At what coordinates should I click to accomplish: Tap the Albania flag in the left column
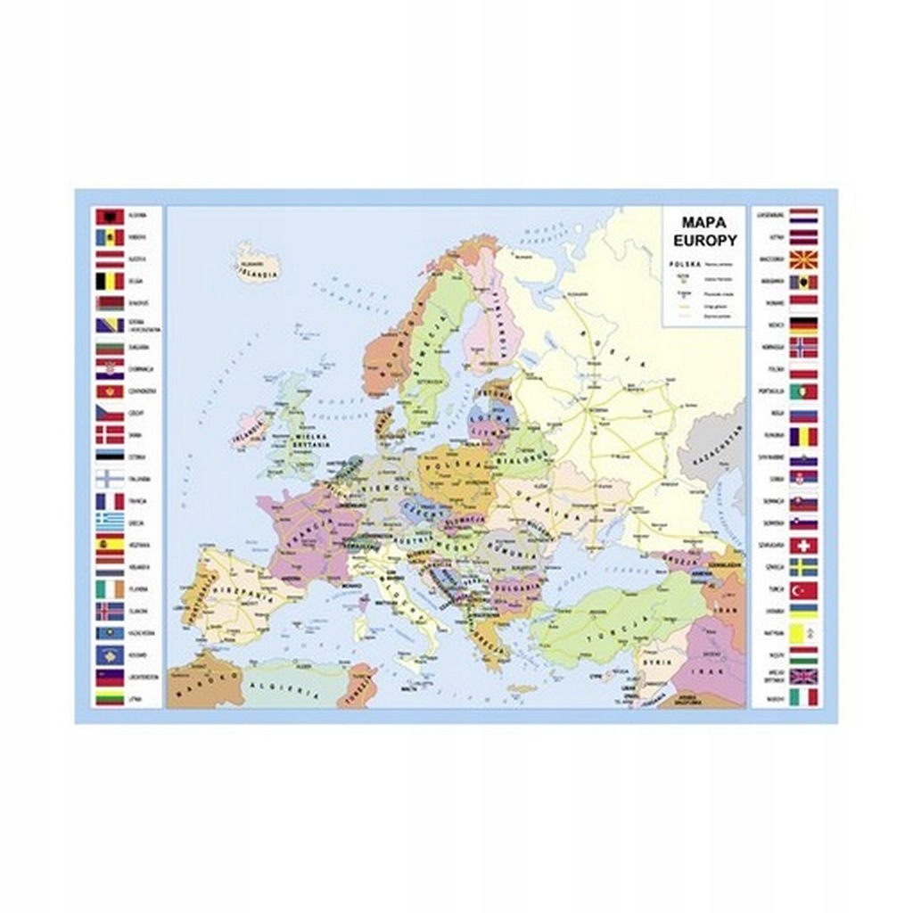coord(110,217)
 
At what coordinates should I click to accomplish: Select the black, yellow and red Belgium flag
coord(110,282)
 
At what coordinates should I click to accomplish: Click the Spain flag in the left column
coord(110,544)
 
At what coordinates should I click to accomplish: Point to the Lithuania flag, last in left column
coord(110,698)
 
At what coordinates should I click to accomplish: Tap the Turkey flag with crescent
coord(802,589)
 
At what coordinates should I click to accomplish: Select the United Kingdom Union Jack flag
coord(802,676)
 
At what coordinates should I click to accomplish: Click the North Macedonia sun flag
coord(802,260)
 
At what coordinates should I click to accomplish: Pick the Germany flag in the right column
coord(802,325)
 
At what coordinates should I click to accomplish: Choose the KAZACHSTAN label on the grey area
coord(712,446)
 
